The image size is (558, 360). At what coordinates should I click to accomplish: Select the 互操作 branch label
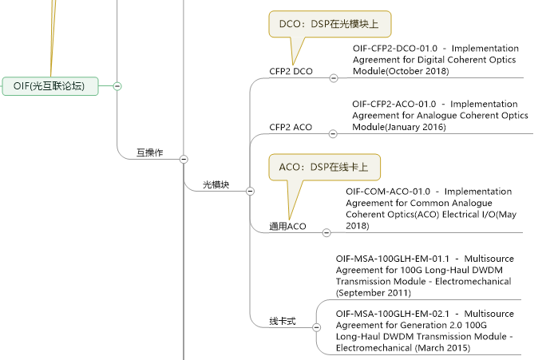click(x=149, y=152)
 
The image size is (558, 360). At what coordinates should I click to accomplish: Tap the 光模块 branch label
click(x=216, y=184)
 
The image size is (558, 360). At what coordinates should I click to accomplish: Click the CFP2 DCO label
click(x=291, y=72)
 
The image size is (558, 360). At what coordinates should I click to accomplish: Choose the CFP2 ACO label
click(x=291, y=127)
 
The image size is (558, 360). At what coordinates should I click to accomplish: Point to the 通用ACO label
click(x=287, y=227)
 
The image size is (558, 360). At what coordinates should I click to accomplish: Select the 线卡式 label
click(x=283, y=321)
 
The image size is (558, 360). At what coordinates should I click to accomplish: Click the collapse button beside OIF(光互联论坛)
click(x=117, y=85)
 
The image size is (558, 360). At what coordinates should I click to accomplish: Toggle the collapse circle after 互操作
click(x=184, y=159)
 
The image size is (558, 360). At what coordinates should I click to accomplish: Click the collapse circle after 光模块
click(x=250, y=191)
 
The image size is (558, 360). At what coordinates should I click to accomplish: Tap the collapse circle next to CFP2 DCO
click(x=334, y=77)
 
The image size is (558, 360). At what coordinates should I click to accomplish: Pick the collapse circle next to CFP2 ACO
click(x=334, y=133)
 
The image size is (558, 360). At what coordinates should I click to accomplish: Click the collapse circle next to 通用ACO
click(x=326, y=233)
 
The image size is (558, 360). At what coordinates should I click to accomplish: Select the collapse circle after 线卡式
click(x=316, y=327)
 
